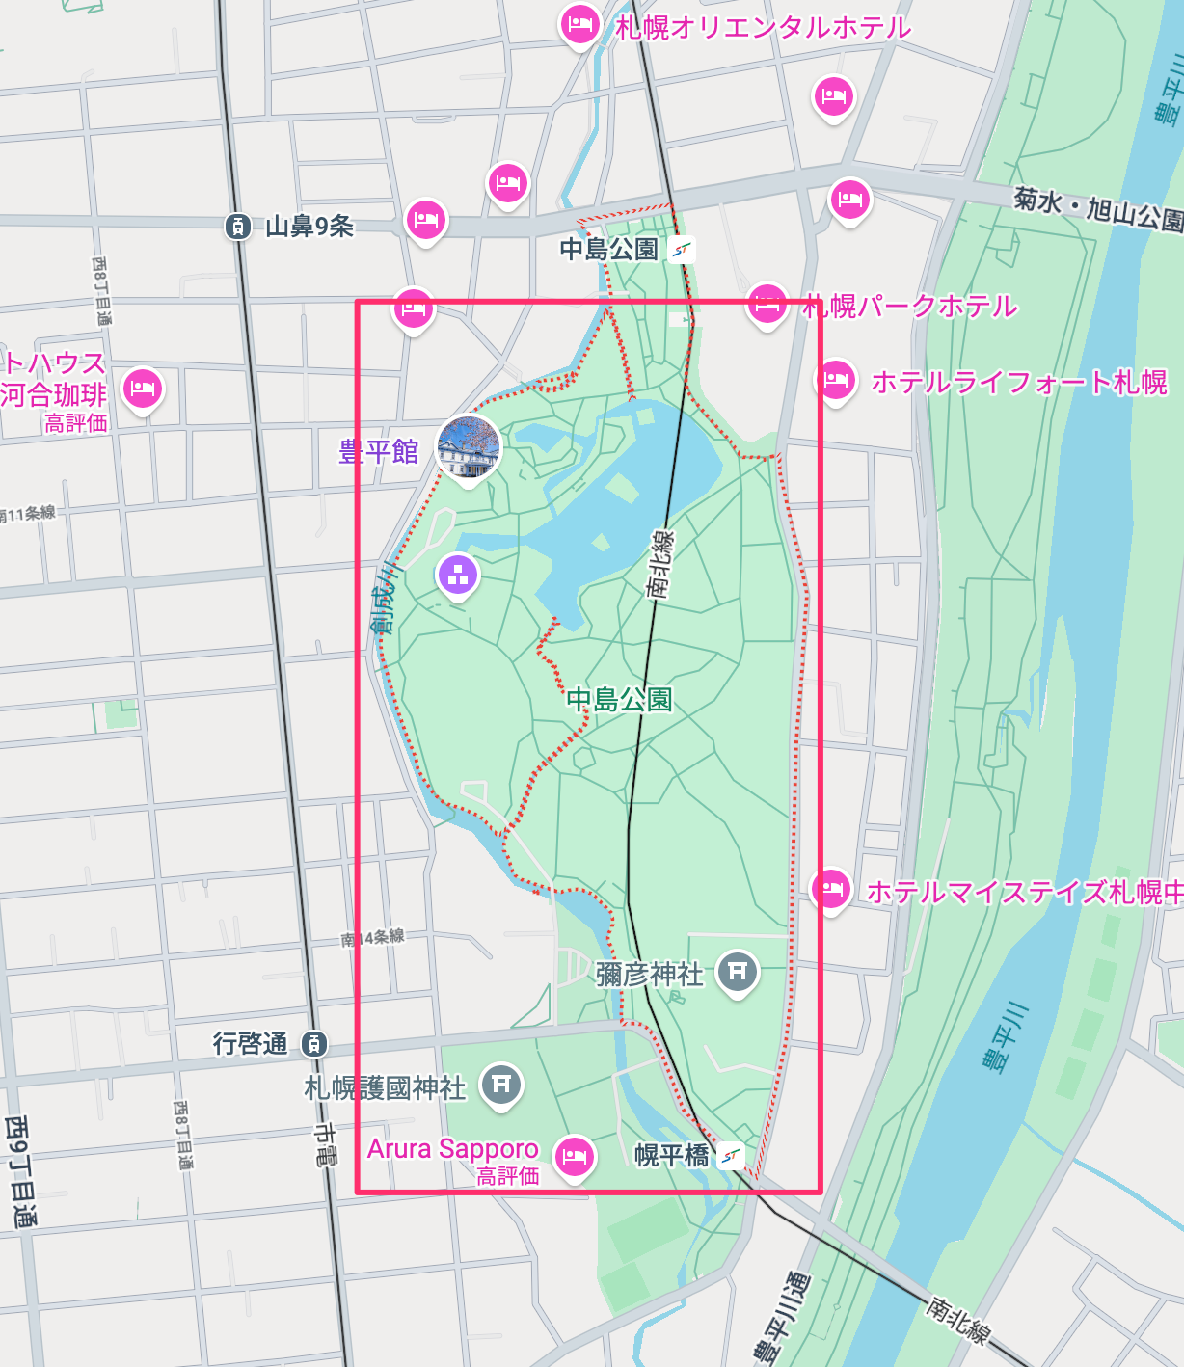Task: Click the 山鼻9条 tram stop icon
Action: tap(237, 227)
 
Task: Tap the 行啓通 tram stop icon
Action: tap(313, 1043)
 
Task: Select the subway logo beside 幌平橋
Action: tap(732, 1155)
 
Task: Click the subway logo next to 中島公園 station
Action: tap(682, 250)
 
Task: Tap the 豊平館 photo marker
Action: tap(469, 447)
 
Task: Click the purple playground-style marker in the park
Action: tap(458, 575)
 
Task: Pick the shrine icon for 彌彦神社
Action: tap(738, 972)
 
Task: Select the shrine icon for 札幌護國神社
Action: tap(500, 1085)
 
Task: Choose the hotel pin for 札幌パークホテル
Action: tap(767, 304)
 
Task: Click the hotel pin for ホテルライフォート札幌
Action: tap(836, 380)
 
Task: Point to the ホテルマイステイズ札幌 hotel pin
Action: tap(830, 889)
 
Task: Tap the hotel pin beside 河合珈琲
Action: tap(143, 389)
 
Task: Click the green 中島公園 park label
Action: tap(619, 699)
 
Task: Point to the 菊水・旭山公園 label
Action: tap(1097, 208)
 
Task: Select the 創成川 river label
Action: tap(384, 597)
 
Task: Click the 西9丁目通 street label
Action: tap(19, 1171)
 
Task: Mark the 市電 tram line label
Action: tap(326, 1144)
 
